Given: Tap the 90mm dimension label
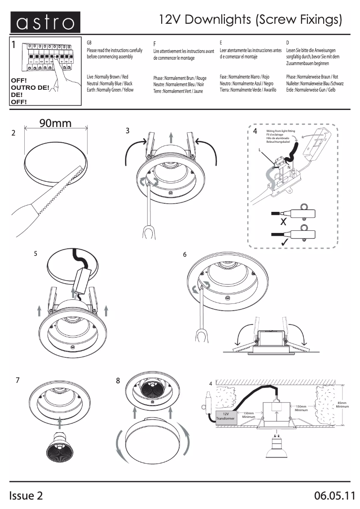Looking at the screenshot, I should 55,123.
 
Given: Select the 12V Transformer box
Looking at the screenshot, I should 226,416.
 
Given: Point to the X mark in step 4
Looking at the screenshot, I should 283,221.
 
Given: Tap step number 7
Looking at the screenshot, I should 17,380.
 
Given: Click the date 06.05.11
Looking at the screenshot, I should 334,496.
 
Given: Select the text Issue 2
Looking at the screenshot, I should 26,496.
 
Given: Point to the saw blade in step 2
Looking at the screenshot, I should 58,193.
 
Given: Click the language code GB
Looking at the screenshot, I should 89,42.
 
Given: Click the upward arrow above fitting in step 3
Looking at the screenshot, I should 171,137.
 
